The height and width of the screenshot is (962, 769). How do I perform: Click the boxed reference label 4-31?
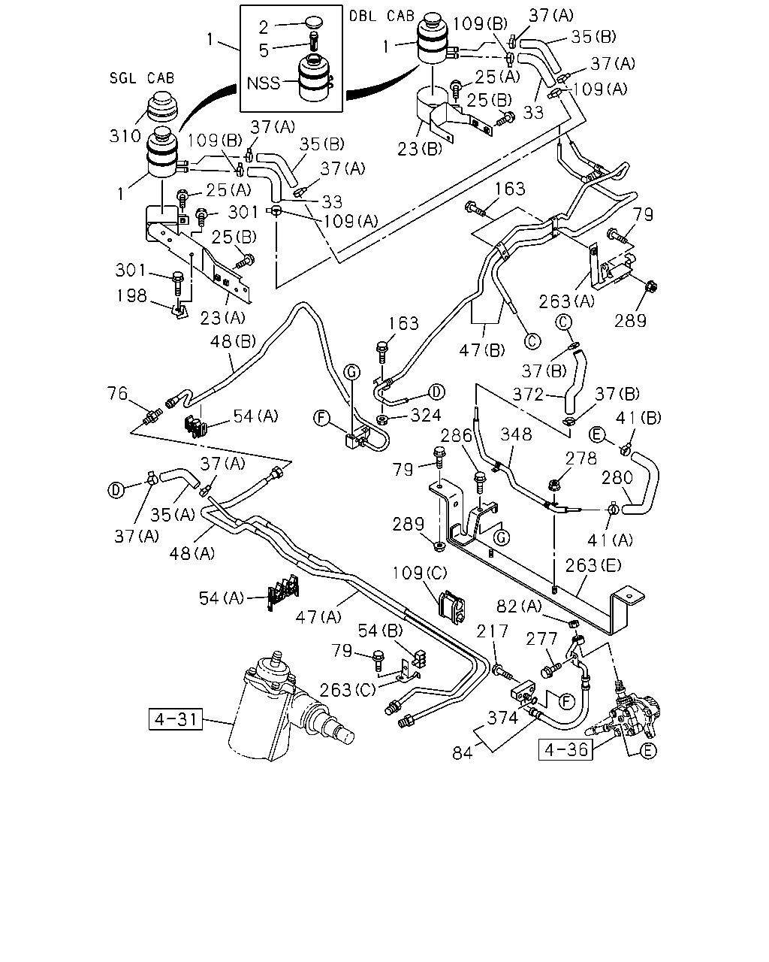click(x=176, y=719)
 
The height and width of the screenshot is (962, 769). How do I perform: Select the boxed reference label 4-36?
click(x=565, y=749)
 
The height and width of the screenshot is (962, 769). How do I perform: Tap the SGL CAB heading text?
click(x=142, y=78)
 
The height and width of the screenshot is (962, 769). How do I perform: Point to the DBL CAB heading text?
click(x=381, y=17)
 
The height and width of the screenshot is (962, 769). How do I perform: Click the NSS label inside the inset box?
click(x=264, y=83)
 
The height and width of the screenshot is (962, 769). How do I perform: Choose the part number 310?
click(x=125, y=135)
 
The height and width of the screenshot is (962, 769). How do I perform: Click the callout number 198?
click(x=131, y=295)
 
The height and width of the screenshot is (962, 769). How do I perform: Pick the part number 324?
click(x=426, y=416)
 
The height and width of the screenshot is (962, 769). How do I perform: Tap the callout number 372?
click(x=528, y=395)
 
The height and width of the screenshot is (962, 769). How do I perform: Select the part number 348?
click(x=516, y=434)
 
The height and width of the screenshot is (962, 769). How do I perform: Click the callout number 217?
click(x=493, y=631)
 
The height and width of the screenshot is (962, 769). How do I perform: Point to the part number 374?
click(x=502, y=718)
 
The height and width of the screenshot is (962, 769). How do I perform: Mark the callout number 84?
click(x=463, y=753)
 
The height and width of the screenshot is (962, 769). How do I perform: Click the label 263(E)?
click(x=593, y=565)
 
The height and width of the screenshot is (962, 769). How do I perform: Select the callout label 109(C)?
click(x=420, y=573)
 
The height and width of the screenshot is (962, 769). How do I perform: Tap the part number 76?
click(x=117, y=393)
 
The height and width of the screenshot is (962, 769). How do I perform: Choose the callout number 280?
click(x=617, y=478)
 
